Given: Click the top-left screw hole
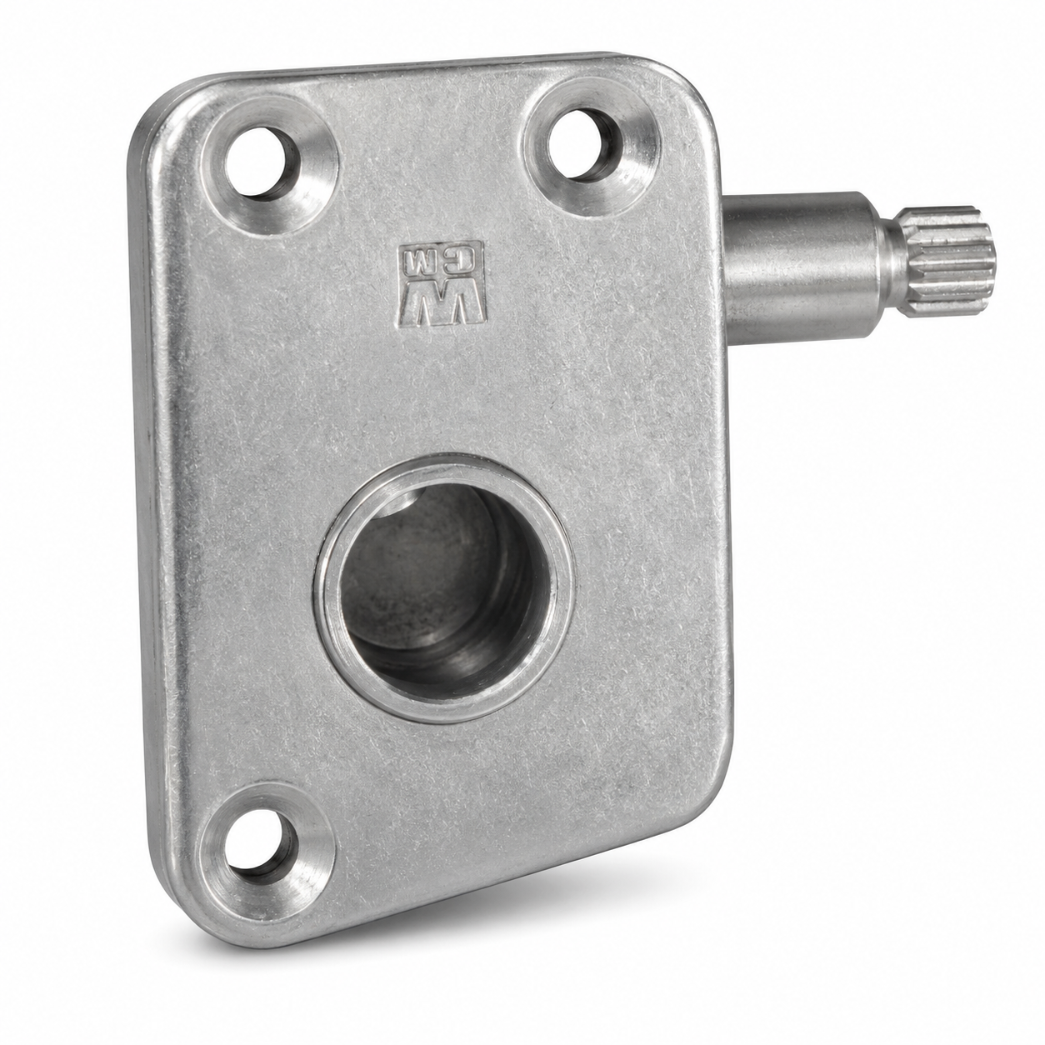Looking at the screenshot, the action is coord(261,164).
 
